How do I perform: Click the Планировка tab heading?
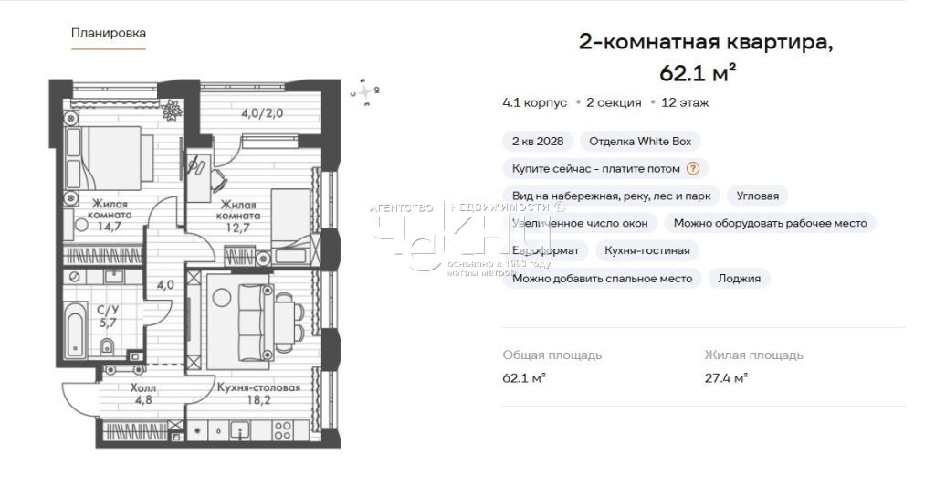click(109, 33)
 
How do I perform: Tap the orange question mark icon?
click(693, 168)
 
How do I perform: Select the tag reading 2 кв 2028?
click(537, 142)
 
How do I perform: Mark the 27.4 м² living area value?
click(726, 376)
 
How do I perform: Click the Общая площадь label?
click(552, 355)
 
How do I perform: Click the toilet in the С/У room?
click(108, 345)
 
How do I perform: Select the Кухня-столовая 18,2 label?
click(259, 393)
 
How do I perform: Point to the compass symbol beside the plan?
click(365, 92)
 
